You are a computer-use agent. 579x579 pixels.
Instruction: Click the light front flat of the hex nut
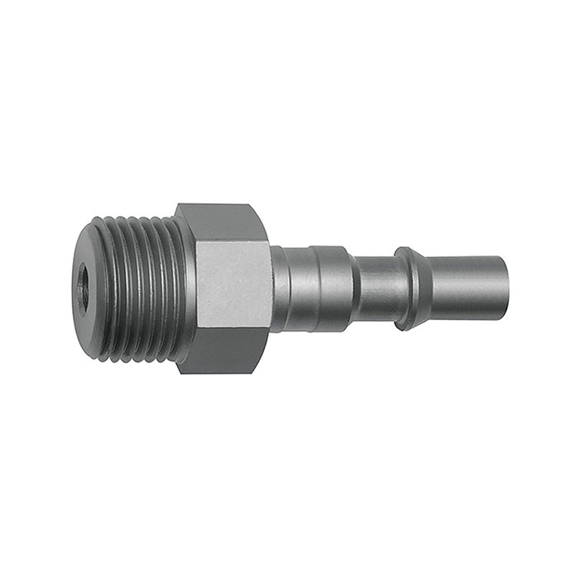(x=233, y=286)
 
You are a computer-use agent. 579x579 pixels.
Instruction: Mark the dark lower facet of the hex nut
(x=223, y=351)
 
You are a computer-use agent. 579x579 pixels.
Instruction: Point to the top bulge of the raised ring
(x=405, y=250)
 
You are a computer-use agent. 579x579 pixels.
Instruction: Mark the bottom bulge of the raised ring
(x=407, y=323)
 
